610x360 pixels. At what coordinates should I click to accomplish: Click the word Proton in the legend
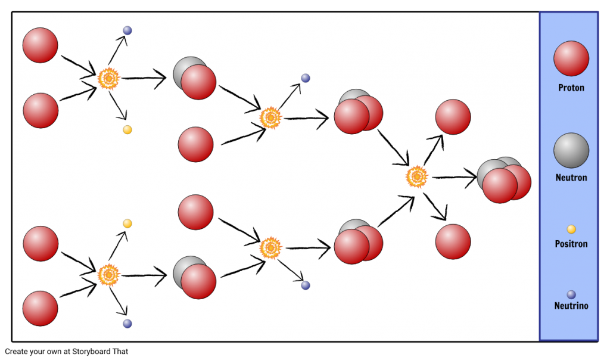point(571,88)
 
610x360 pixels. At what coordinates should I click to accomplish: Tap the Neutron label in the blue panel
point(571,178)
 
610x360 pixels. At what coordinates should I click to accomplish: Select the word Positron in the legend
point(571,244)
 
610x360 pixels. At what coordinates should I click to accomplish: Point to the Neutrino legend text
point(571,306)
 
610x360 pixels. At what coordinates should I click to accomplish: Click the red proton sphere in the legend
point(571,58)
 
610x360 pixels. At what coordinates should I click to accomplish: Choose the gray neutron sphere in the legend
point(571,151)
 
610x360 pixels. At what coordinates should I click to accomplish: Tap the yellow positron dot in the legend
point(571,229)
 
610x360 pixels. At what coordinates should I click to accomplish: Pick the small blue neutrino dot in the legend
point(571,294)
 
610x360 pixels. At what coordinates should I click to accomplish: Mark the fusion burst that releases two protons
point(416,177)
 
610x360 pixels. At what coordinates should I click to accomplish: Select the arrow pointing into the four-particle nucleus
point(455,178)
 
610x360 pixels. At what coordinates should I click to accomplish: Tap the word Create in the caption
point(16,352)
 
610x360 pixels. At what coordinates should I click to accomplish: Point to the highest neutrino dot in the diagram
point(127,30)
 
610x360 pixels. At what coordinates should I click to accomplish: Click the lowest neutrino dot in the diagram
point(127,324)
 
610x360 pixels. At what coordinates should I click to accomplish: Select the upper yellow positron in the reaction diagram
point(127,129)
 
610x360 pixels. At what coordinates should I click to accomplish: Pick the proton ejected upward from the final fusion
point(453,117)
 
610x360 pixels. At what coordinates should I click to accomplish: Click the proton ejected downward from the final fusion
point(453,241)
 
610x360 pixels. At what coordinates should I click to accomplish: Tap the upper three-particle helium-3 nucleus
point(358,111)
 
